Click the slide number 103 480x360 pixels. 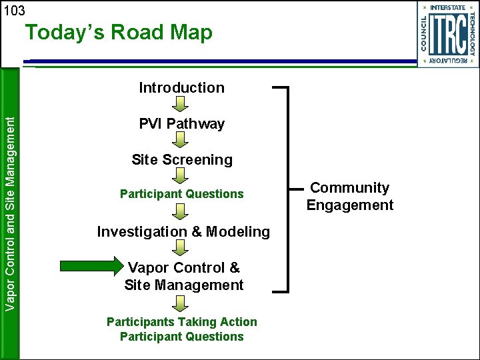point(13,11)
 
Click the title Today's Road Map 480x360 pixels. point(119,33)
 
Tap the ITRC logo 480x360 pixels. point(447,34)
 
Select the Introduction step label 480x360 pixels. point(181,87)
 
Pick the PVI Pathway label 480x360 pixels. point(181,123)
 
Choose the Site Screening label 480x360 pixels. point(181,159)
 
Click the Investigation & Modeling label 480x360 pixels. point(183,231)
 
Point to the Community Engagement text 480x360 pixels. point(350,197)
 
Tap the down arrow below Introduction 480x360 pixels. point(181,104)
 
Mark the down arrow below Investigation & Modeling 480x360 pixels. point(181,248)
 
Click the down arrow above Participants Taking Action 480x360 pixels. point(181,304)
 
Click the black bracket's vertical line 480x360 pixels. point(288,189)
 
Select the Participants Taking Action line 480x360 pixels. point(181,321)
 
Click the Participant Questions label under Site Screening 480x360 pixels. point(181,194)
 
